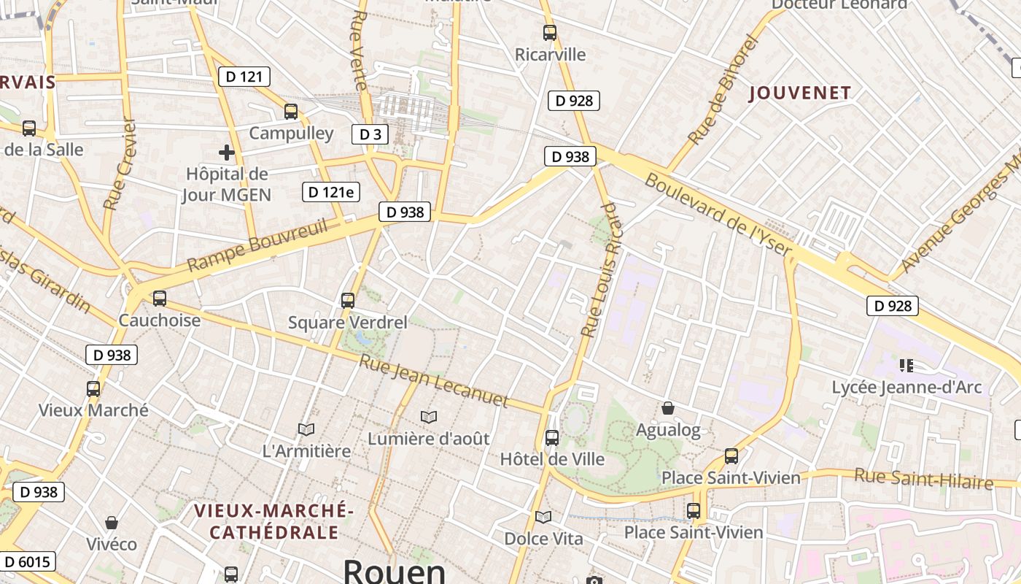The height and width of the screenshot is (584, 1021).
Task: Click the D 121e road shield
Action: click(332, 192)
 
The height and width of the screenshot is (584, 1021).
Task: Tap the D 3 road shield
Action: click(370, 134)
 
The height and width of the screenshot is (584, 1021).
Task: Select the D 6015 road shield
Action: click(28, 561)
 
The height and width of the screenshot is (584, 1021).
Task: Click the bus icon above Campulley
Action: click(291, 112)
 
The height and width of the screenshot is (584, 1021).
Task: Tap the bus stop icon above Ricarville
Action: click(550, 33)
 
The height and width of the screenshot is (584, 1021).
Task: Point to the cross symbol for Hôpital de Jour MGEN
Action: click(227, 153)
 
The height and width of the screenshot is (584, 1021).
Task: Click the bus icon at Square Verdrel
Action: click(348, 301)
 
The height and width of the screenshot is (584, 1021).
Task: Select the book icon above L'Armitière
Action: click(306, 430)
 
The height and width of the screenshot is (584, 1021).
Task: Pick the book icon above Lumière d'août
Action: click(429, 417)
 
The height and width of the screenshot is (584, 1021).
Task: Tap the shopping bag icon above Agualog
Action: click(668, 408)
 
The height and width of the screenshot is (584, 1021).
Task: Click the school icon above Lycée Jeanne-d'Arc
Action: click(907, 365)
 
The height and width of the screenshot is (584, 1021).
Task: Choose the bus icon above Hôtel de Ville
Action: click(552, 438)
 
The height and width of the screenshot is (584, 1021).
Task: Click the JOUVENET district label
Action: click(800, 93)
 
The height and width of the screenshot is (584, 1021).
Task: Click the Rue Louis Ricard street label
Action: click(600, 281)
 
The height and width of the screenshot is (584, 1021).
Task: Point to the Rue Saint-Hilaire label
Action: click(924, 479)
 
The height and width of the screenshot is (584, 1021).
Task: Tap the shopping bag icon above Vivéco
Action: click(112, 523)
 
